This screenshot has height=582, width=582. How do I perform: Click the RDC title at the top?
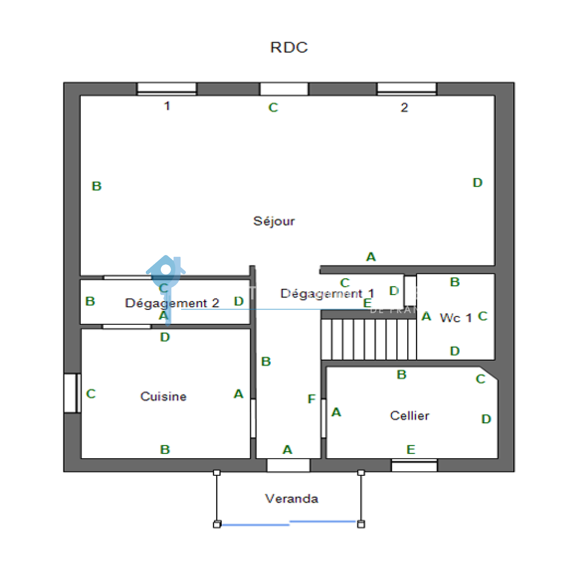click(x=289, y=48)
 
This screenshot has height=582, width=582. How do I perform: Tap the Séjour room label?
click(x=274, y=221)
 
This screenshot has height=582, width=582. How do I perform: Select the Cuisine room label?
click(x=163, y=396)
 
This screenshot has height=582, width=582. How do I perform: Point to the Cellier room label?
click(x=410, y=415)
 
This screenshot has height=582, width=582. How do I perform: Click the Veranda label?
click(x=291, y=498)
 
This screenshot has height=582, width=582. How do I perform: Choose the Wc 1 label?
click(x=455, y=318)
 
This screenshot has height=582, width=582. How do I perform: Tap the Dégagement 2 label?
click(x=172, y=303)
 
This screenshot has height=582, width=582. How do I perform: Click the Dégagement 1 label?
click(x=327, y=293)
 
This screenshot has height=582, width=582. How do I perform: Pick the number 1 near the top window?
click(x=167, y=106)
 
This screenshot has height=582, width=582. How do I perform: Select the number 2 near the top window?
click(x=404, y=107)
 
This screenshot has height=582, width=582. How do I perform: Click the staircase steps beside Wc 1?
click(x=368, y=339)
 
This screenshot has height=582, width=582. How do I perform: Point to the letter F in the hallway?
click(x=311, y=399)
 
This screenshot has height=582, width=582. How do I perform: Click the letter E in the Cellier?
click(x=411, y=450)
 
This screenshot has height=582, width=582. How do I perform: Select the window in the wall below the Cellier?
click(x=414, y=466)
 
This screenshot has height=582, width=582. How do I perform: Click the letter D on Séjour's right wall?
click(x=477, y=183)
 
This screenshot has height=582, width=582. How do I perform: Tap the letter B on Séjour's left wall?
click(x=96, y=186)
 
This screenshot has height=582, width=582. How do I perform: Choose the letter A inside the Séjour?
click(x=371, y=257)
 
